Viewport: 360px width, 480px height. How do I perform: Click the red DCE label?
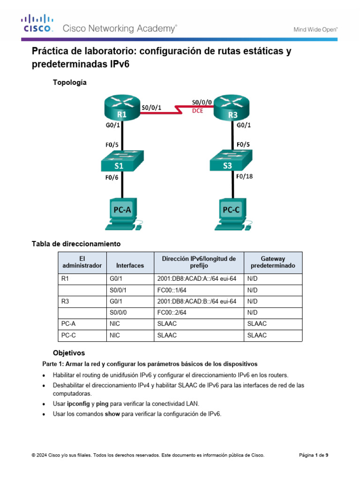click(x=198, y=111)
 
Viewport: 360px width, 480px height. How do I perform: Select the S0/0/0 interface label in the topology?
click(x=202, y=101)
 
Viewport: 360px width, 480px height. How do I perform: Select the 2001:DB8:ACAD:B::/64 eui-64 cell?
click(x=197, y=301)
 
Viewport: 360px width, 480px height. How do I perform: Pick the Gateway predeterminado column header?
click(x=273, y=262)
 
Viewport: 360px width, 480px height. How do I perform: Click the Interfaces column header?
click(x=130, y=265)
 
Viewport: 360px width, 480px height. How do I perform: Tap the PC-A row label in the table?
click(x=69, y=324)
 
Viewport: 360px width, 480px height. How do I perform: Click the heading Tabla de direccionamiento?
click(x=76, y=244)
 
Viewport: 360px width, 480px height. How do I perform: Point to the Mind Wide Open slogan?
click(x=315, y=29)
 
